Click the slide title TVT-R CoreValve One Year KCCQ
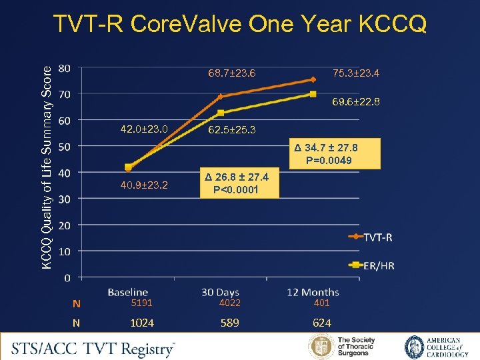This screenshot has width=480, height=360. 240,24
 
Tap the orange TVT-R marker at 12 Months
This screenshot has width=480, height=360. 313,79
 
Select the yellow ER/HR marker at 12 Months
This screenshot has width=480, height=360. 313,94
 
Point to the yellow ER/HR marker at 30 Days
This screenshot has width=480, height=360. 221,113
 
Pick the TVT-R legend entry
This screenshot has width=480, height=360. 372,237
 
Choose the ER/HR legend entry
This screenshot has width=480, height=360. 372,265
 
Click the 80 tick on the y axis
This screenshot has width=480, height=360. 65,68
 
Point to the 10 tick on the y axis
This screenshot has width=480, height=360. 65,251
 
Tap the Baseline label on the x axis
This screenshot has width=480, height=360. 128,292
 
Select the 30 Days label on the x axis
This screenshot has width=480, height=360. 221,292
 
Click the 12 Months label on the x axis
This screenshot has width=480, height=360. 313,292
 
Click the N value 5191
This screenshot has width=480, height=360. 141,303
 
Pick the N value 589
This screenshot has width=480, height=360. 230,323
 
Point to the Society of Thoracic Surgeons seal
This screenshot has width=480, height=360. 321,347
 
